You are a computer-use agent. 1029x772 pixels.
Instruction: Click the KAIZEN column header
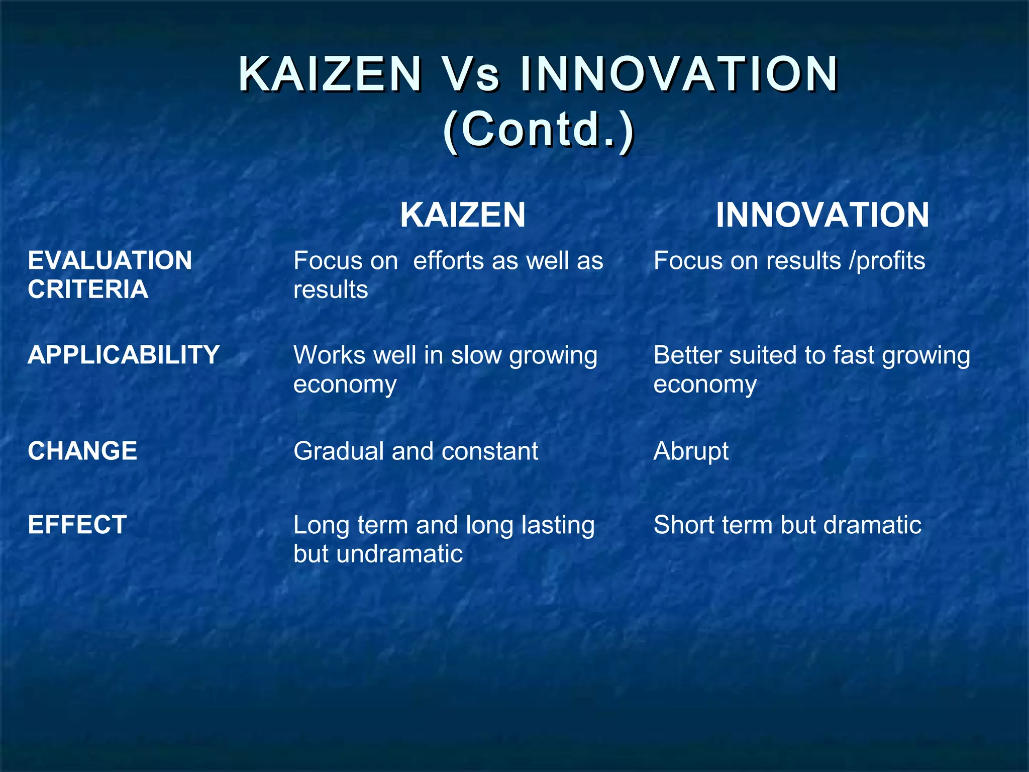463,215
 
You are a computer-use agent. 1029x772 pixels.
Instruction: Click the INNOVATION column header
822,215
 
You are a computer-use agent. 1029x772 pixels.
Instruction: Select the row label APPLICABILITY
124,355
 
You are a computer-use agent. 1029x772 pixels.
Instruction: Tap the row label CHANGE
82,451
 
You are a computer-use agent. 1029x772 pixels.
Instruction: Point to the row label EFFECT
77,525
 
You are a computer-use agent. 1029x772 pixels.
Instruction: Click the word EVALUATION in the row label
110,260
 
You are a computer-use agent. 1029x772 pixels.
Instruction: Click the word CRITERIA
88,289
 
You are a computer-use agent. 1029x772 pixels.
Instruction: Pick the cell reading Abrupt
691,451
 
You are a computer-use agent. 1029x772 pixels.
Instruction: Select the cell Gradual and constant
416,451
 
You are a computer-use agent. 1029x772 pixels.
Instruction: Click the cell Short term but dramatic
787,525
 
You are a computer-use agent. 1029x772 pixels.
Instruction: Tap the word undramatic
399,554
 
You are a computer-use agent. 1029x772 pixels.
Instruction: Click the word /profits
887,261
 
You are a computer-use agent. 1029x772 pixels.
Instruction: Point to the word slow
477,355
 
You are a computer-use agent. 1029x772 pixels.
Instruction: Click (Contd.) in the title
538,129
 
